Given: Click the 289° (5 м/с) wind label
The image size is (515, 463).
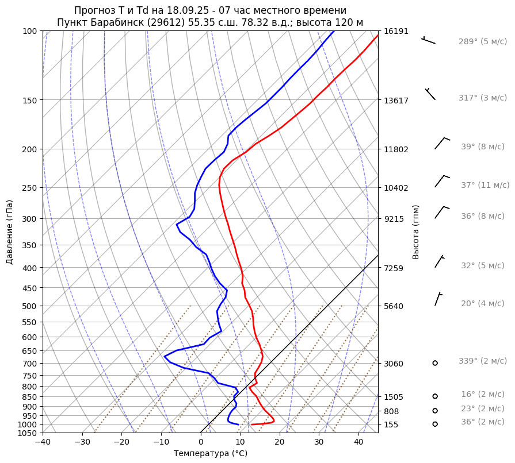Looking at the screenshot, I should (482, 42).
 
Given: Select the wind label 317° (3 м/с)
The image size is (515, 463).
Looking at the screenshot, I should (482, 98).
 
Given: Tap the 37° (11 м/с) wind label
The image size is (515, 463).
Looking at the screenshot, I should (485, 186).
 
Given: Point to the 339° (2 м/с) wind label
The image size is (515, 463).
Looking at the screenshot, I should (482, 361).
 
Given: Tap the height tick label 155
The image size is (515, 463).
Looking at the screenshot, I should (391, 425).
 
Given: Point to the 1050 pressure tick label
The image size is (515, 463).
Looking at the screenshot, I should (29, 433).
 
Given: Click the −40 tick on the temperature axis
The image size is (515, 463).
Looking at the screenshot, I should (43, 442).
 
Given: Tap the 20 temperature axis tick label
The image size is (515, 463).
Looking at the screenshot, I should (280, 442).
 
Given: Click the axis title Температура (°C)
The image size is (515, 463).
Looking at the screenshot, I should (211, 454).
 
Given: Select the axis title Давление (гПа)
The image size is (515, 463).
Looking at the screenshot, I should (10, 232).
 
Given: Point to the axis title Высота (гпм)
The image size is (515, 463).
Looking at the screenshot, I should (416, 232).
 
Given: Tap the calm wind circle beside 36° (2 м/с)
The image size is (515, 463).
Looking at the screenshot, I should (435, 424).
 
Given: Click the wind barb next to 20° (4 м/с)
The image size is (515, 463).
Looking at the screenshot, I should (438, 298).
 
